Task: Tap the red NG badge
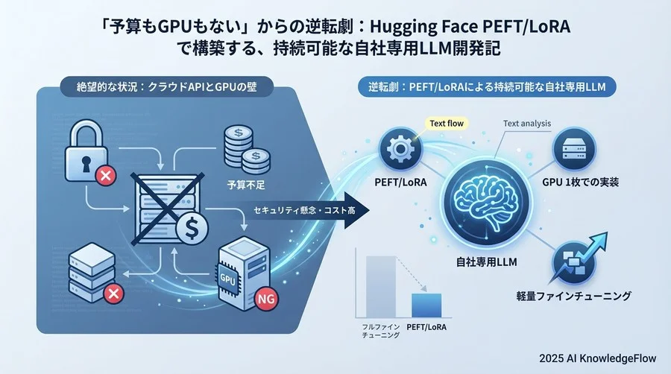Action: pos(265,299)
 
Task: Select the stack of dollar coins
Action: pos(246,150)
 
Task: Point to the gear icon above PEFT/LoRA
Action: pos(400,149)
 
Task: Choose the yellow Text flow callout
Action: pos(447,124)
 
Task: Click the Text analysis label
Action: pos(527,124)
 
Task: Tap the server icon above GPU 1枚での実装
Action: pos(574,149)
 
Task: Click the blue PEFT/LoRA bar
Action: pos(426,305)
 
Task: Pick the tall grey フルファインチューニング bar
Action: pos(380,286)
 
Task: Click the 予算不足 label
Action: pos(246,185)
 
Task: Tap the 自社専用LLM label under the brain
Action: pos(487,262)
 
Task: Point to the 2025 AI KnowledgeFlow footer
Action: pos(597,358)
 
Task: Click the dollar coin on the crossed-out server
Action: pos(192,229)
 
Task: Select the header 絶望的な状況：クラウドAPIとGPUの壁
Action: pos(166,86)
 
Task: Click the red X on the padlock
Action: pos(106,175)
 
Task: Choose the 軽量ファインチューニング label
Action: pos(573,296)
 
